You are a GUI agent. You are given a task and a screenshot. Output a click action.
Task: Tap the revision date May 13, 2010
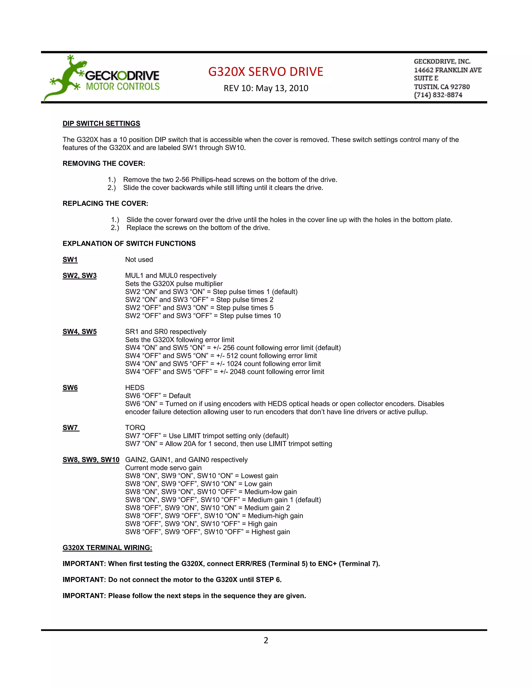tap(282, 88)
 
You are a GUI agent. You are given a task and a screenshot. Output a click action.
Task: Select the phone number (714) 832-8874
tap(438, 95)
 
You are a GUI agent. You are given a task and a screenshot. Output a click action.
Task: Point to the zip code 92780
tap(460, 87)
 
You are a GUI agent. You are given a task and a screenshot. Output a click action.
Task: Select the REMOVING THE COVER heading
tap(104, 164)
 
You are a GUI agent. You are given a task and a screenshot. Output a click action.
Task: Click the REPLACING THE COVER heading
tap(105, 204)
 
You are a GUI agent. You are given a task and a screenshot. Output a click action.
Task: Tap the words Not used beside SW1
tap(139, 260)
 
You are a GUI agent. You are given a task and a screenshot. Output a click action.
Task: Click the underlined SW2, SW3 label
tap(79, 276)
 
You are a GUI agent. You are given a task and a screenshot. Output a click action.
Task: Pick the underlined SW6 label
tap(70, 388)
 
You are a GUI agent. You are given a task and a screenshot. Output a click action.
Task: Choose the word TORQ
tap(135, 428)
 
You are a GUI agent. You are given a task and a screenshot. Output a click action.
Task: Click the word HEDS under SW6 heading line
tap(135, 388)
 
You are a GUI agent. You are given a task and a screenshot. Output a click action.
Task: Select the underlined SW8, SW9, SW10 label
tap(91, 460)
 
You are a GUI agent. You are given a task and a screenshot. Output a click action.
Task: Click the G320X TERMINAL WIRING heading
tap(107, 548)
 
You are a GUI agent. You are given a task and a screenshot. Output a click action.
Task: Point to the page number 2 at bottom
tap(266, 640)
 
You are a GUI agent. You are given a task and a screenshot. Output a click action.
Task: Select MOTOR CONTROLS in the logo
tap(123, 86)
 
